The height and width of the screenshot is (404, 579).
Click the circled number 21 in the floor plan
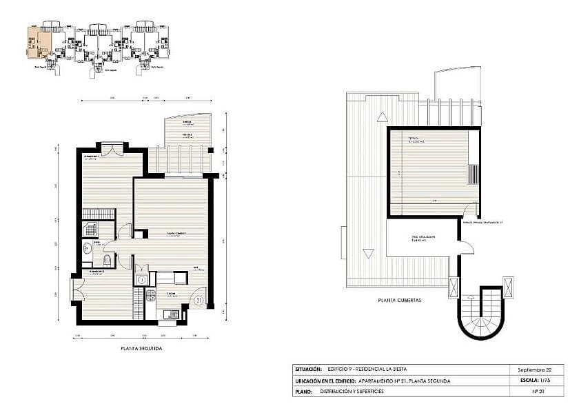(x=199, y=300)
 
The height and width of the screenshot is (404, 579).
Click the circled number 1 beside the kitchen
(x=141, y=279)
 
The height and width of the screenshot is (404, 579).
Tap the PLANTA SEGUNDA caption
(x=141, y=349)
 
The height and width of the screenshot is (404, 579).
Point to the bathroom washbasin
(x=87, y=250)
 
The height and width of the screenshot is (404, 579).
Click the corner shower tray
(x=90, y=230)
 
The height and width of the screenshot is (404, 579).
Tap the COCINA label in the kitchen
(x=170, y=294)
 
